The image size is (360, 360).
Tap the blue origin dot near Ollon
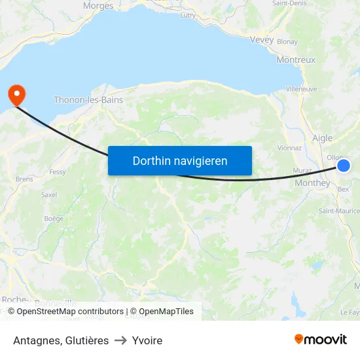(344, 166)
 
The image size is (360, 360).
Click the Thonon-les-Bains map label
(88, 100)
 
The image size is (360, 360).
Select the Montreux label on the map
(296, 60)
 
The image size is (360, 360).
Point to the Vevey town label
(262, 39)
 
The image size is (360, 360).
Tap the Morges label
(98, 6)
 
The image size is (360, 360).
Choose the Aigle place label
(322, 138)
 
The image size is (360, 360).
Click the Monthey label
(312, 183)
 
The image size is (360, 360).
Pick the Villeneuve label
(302, 88)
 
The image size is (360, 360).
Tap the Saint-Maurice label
(339, 211)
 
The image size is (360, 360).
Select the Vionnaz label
(289, 148)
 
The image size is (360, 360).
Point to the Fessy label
(58, 172)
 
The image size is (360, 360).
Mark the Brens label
(24, 179)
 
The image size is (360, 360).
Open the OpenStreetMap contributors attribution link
(70, 312)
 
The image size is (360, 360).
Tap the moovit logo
(320, 339)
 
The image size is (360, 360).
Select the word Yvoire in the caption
(147, 340)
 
